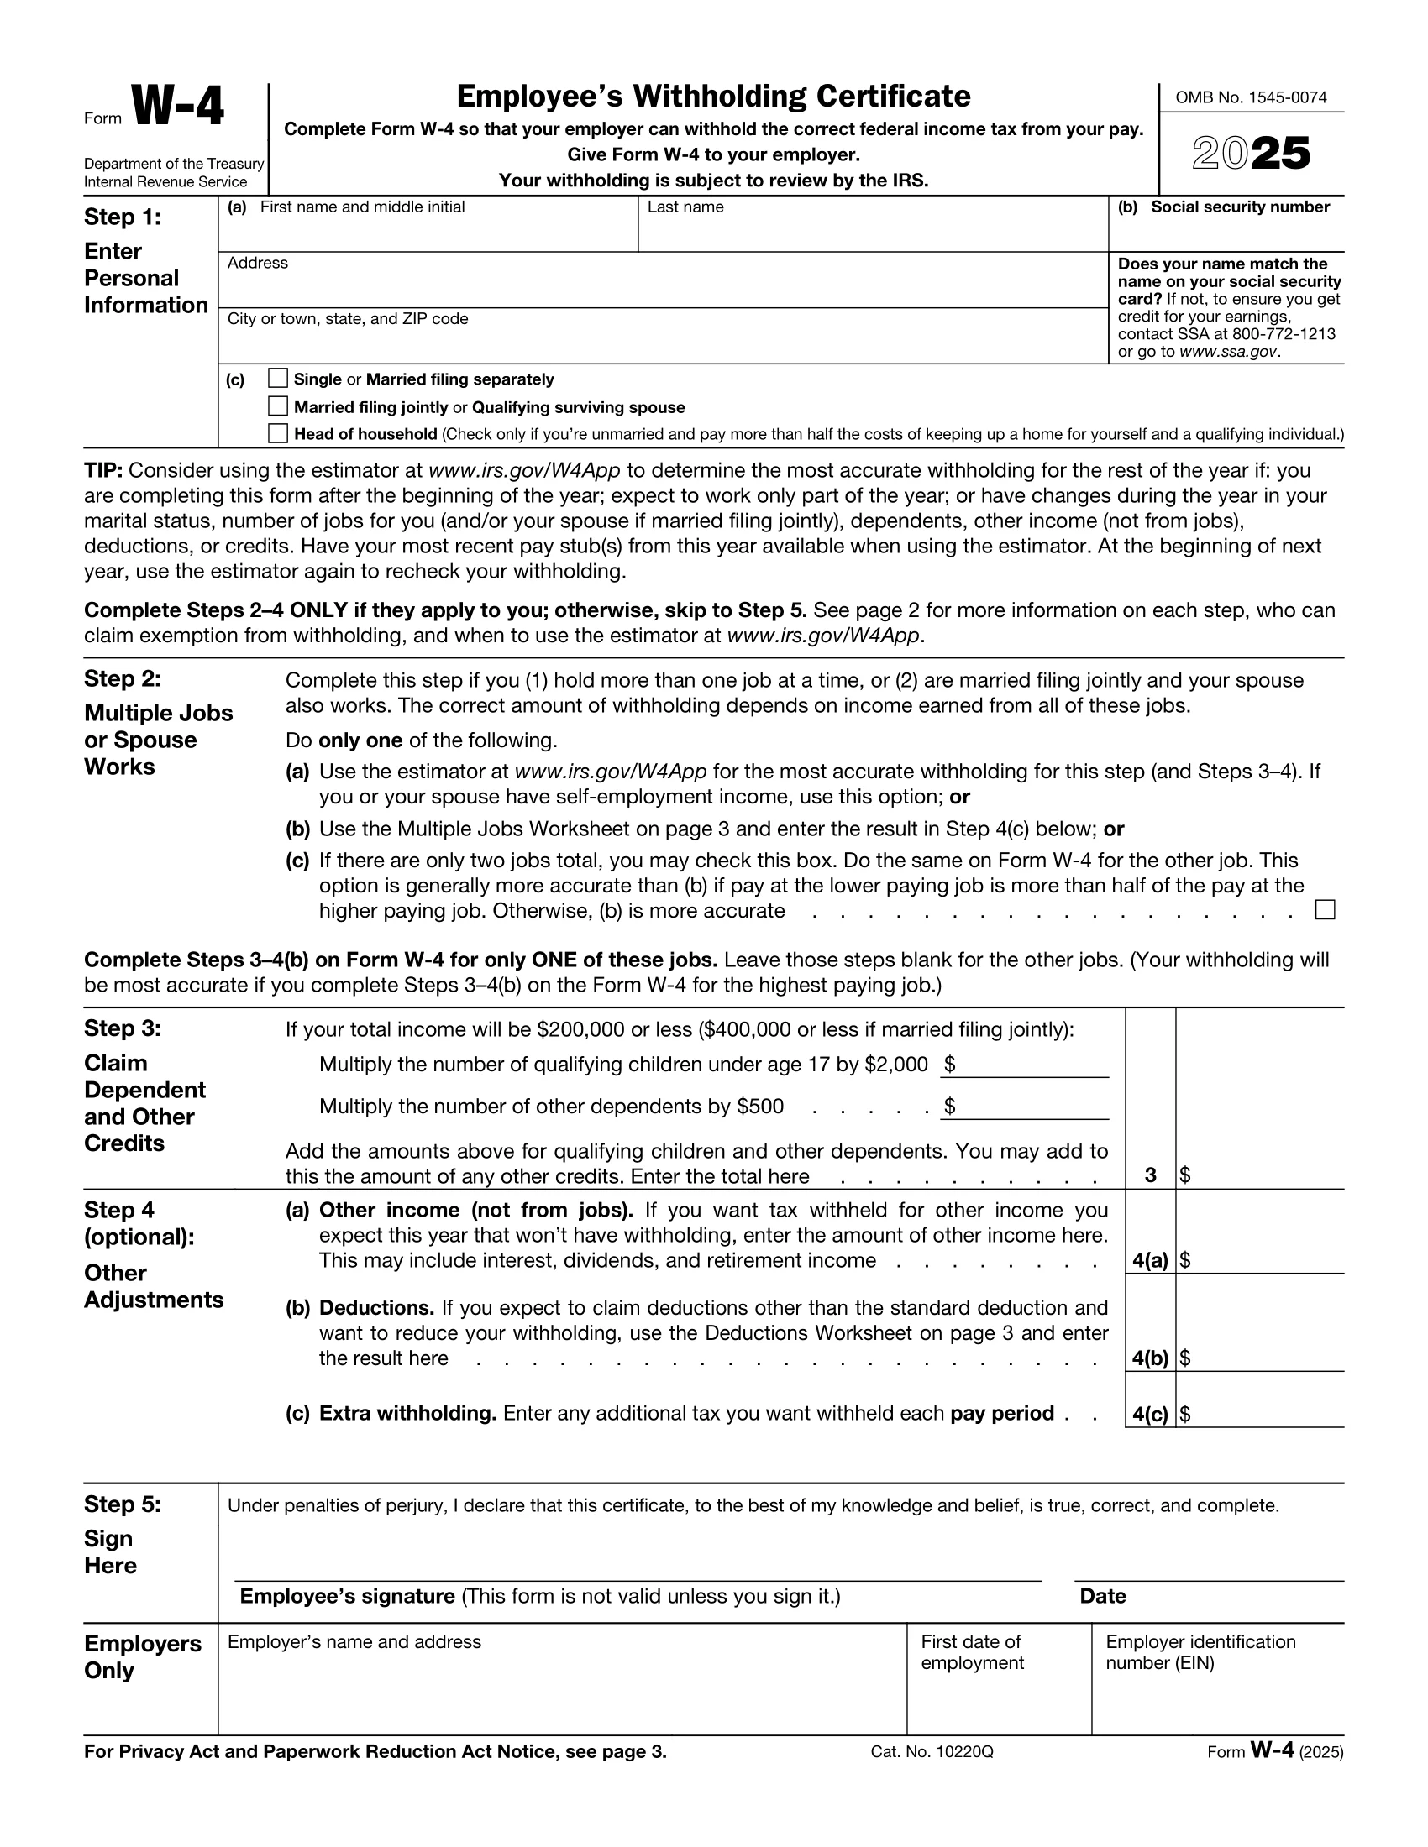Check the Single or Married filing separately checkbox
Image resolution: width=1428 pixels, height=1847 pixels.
click(277, 378)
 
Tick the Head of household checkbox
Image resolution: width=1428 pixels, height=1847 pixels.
click(277, 433)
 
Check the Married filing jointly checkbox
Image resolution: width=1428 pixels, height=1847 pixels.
click(277, 406)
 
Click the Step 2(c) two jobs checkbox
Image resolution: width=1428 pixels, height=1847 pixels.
click(1325, 910)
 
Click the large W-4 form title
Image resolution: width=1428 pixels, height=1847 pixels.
click(177, 108)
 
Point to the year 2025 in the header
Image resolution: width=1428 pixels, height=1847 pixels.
click(1252, 154)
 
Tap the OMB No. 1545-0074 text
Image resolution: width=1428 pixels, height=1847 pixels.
click(1251, 98)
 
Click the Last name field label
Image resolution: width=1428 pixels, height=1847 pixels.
click(685, 207)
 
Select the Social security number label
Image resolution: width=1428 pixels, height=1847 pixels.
click(1239, 207)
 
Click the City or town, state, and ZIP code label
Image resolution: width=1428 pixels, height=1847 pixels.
click(347, 319)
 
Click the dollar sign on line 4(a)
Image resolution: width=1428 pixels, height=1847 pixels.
click(1185, 1260)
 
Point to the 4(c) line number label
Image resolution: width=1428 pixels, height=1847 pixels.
click(1150, 1414)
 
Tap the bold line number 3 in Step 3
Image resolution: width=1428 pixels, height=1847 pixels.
click(1150, 1175)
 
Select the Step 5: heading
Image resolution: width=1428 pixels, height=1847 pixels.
click(122, 1504)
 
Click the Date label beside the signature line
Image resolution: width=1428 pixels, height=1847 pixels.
click(1102, 1596)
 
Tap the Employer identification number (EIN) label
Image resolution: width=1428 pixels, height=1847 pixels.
click(1200, 1651)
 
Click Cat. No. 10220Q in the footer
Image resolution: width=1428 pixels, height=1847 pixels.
click(932, 1751)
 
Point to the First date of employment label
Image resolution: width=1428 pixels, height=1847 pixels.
click(971, 1651)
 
